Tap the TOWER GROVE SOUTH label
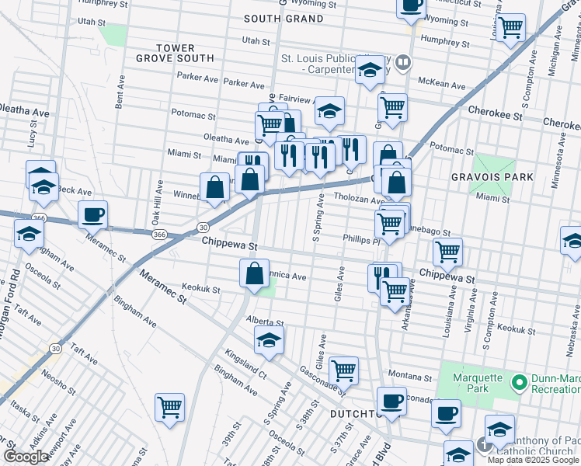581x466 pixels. (175, 53)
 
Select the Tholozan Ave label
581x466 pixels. (359, 198)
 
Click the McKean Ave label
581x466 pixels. (440, 81)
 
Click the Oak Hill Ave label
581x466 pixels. (158, 200)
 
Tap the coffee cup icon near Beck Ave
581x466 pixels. (92, 214)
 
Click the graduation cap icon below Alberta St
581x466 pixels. (269, 339)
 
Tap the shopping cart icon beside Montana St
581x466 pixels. (343, 370)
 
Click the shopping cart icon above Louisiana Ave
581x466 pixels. (447, 252)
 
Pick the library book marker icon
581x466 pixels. (402, 62)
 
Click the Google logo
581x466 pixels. (26, 457)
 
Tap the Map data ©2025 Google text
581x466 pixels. (533, 460)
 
